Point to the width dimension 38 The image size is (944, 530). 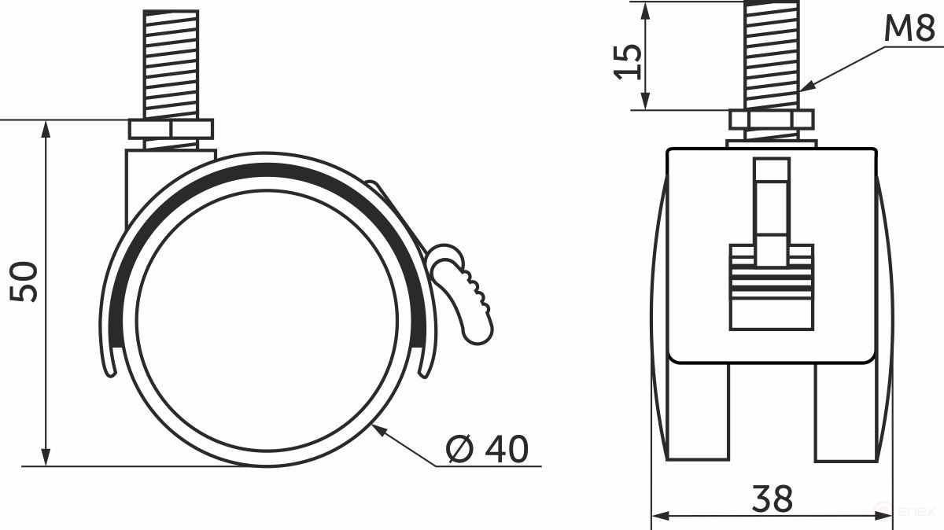pyautogui.click(x=772, y=498)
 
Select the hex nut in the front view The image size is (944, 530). pyautogui.click(x=771, y=120)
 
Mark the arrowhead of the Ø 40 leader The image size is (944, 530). pyautogui.click(x=379, y=428)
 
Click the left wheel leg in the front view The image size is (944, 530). pyautogui.click(x=698, y=413)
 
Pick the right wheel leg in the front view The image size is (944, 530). pyautogui.click(x=845, y=413)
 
